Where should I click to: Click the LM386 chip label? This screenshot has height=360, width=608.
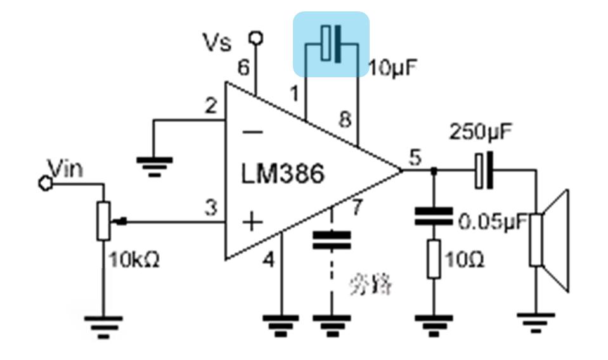tap(283, 172)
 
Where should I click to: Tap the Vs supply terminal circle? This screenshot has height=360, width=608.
tap(256, 38)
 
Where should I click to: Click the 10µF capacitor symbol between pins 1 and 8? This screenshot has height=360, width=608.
tap(331, 44)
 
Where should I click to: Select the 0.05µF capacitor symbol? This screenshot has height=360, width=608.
tap(434, 216)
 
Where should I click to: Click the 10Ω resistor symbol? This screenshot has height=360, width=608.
tap(434, 259)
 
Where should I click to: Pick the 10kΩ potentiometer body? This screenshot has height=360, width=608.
tap(103, 221)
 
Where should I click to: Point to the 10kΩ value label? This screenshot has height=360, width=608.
tap(134, 259)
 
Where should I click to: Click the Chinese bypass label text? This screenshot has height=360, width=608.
tap(371, 285)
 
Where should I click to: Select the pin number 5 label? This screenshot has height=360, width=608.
tap(415, 157)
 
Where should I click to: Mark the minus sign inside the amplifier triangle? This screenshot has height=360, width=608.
tap(253, 131)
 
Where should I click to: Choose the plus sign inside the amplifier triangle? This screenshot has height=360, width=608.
tap(252, 222)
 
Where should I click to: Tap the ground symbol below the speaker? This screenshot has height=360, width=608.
tap(536, 320)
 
